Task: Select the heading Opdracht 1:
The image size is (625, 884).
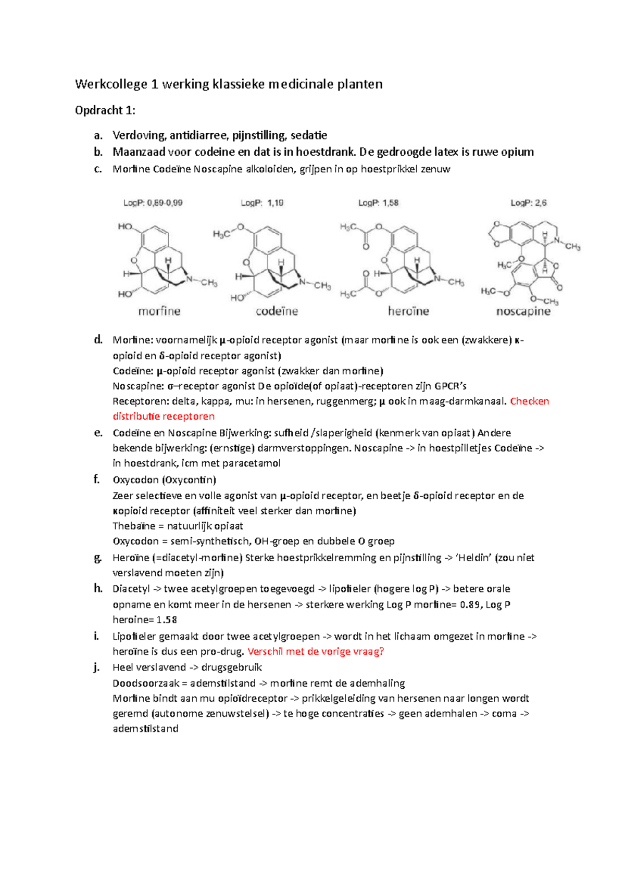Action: click(x=105, y=110)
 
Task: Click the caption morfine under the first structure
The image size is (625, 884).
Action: click(x=159, y=311)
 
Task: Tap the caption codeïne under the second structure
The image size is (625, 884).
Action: click(x=277, y=311)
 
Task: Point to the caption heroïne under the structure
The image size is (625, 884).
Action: click(x=408, y=311)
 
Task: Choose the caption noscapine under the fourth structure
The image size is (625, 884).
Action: click(x=523, y=311)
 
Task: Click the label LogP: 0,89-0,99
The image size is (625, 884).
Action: click(x=153, y=203)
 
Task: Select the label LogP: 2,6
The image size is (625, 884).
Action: click(x=528, y=203)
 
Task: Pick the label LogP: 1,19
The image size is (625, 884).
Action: click(x=262, y=203)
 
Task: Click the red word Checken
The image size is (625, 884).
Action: click(x=529, y=401)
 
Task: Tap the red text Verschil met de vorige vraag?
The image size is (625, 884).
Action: click(x=316, y=652)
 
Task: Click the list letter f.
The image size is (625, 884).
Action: click(x=96, y=479)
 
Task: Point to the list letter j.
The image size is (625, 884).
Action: click(x=96, y=667)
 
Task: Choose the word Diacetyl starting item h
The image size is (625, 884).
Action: click(x=131, y=589)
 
